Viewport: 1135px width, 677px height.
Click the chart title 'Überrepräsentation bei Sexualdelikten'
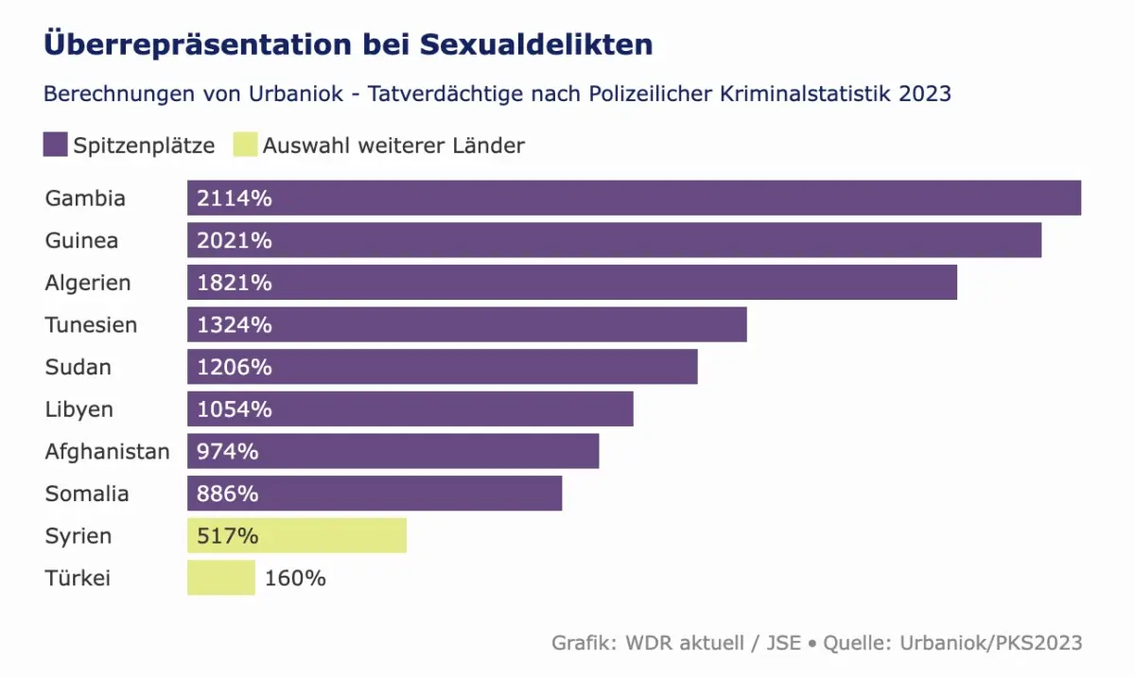tap(348, 44)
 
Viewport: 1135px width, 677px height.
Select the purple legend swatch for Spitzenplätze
tap(55, 146)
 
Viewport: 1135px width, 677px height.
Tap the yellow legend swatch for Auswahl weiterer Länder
tap(244, 146)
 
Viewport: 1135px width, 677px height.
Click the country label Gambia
tap(85, 199)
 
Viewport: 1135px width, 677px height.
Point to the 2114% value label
tap(235, 199)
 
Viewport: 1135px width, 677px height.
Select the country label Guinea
tap(82, 240)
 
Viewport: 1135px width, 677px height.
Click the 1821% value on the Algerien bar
tap(235, 283)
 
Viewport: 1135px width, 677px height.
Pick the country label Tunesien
tap(91, 325)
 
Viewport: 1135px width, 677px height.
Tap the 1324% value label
tap(235, 325)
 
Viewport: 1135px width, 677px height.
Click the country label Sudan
tap(79, 367)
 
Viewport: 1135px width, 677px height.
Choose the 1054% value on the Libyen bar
tap(235, 409)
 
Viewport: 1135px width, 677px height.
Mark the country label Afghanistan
tap(107, 452)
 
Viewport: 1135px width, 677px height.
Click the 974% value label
tap(228, 452)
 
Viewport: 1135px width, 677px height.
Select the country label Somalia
tap(87, 494)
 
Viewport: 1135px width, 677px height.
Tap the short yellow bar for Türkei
tap(221, 578)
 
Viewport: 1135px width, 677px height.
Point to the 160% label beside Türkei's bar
tap(295, 578)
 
